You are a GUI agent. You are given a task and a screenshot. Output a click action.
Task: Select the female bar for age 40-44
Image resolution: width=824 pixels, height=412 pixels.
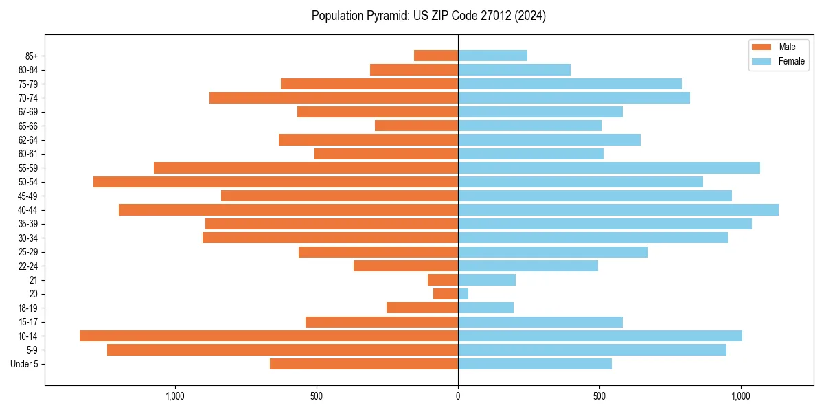coord(618,209)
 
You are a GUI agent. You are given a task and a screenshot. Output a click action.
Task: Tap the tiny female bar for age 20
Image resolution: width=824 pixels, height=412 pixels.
coord(463,294)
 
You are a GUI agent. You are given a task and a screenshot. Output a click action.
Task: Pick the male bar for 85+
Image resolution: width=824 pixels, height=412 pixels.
coord(436,56)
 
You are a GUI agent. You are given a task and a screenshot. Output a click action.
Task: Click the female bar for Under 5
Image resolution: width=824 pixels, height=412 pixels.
coord(534,364)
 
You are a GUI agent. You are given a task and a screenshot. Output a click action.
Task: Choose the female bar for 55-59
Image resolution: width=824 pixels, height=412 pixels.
coord(608,168)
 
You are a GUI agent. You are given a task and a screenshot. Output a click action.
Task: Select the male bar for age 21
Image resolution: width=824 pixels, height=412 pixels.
coord(443,279)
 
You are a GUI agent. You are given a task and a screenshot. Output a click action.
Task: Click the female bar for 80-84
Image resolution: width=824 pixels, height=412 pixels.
coord(514,69)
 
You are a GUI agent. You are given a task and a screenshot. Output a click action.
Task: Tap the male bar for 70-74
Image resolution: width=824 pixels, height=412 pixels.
coord(333,98)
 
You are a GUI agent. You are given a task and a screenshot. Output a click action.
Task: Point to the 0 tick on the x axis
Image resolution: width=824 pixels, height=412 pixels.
coord(458,396)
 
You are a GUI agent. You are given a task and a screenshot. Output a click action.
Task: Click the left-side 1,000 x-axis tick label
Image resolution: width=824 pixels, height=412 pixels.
coord(175,396)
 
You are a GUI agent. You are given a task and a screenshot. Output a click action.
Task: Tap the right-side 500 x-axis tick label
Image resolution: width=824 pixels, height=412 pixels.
coord(599,396)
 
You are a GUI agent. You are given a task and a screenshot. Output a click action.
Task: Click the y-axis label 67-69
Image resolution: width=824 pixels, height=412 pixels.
coord(28,112)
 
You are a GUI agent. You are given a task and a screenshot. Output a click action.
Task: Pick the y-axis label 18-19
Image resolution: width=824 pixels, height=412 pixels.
coord(28,308)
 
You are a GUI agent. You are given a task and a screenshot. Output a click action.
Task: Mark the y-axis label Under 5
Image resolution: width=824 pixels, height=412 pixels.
coord(24,364)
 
